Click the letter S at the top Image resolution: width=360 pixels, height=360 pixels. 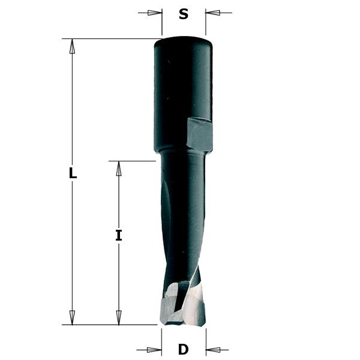[x=184, y=14]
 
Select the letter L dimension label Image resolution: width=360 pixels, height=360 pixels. [x=73, y=174]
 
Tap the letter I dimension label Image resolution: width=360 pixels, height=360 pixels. [x=119, y=236]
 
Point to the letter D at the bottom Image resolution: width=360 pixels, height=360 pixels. [x=184, y=349]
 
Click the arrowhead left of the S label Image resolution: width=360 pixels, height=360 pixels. [x=155, y=13]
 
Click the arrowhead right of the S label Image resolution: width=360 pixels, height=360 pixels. [x=213, y=13]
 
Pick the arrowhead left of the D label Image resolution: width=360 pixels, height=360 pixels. [x=154, y=349]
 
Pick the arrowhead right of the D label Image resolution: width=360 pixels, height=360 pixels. [x=214, y=349]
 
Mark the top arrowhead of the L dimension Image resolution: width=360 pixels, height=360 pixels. [x=73, y=47]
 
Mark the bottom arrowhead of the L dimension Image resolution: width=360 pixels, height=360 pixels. [x=73, y=317]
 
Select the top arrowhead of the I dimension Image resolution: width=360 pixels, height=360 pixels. [x=119, y=169]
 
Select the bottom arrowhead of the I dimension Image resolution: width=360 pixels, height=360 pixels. [x=119, y=317]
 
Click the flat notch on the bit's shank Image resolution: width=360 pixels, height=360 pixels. [x=199, y=134]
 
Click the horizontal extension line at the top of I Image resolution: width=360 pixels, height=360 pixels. [x=132, y=161]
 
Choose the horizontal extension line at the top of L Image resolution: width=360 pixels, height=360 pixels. [x=108, y=39]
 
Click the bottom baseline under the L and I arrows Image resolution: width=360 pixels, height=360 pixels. [x=108, y=325]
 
